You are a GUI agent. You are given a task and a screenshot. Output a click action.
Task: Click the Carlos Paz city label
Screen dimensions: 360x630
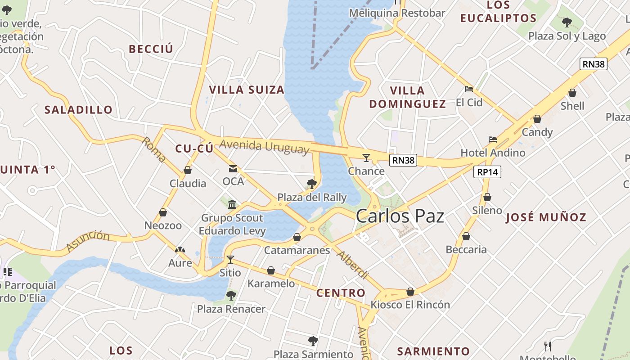click(400, 216)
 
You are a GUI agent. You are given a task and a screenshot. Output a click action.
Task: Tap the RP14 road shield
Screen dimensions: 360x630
click(487, 172)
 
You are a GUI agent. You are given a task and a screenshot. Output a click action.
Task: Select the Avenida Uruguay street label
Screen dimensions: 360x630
click(265, 146)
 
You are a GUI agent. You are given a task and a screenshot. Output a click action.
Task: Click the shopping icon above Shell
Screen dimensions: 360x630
click(572, 93)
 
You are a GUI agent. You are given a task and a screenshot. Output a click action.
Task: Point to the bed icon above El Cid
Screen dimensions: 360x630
click(469, 89)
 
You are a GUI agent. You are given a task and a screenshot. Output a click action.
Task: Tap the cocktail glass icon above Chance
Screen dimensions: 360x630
click(366, 157)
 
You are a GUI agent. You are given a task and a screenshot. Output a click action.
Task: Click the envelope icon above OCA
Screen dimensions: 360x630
click(233, 169)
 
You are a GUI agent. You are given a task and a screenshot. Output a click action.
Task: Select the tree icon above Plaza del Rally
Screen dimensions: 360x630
click(311, 184)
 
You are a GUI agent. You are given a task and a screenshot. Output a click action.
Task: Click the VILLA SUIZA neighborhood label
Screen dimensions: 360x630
click(247, 90)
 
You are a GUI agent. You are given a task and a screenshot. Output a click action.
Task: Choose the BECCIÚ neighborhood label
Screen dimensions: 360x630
click(151, 49)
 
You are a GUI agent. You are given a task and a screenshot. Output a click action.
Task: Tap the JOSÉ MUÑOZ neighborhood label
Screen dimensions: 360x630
click(546, 218)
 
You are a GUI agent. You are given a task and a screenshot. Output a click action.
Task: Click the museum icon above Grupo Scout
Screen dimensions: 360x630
click(232, 205)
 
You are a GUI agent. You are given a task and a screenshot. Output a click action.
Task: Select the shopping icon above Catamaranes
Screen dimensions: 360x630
click(297, 237)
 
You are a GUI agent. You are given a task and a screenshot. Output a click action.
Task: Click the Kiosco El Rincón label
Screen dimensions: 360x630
click(410, 305)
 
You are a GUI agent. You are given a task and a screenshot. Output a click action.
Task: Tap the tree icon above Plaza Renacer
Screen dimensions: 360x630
click(231, 296)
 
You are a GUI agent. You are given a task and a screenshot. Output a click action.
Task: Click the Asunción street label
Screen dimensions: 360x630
click(88, 241)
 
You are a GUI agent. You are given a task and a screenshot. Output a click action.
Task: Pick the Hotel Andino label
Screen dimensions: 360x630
click(493, 153)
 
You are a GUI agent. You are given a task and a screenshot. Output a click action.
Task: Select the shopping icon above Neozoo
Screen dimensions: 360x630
click(163, 212)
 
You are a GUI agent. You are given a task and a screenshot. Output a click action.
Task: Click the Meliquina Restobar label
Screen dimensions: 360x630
click(397, 13)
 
